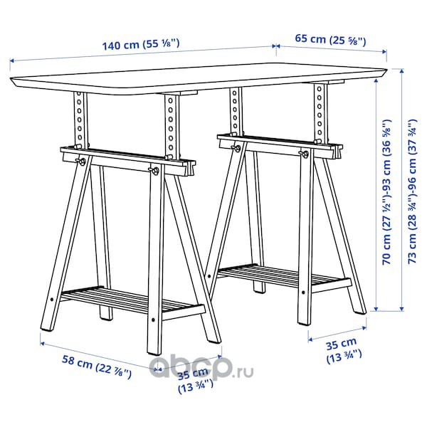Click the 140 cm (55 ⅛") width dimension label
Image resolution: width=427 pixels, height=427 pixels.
point(141,44)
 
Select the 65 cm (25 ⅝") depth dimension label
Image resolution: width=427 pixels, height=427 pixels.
point(330,40)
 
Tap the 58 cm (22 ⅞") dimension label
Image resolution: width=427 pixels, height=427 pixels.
point(97,367)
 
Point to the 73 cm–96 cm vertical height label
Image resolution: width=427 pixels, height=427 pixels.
point(413,191)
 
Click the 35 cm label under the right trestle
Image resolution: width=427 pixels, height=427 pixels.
point(344,351)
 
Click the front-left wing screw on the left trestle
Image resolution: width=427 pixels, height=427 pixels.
point(81,162)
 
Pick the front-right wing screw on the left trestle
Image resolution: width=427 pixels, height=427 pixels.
point(154,171)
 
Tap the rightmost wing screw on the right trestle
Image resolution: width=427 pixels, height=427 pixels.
point(304,154)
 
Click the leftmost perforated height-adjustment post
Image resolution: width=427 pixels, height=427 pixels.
point(80,120)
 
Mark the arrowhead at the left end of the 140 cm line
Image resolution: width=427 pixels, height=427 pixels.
point(12,61)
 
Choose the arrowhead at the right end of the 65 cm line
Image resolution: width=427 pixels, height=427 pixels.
point(384,51)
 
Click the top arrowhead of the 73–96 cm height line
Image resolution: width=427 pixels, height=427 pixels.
point(401,71)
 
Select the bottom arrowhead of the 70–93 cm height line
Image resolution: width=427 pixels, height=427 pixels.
point(376,309)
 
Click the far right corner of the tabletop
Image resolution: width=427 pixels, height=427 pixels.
point(386,69)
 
